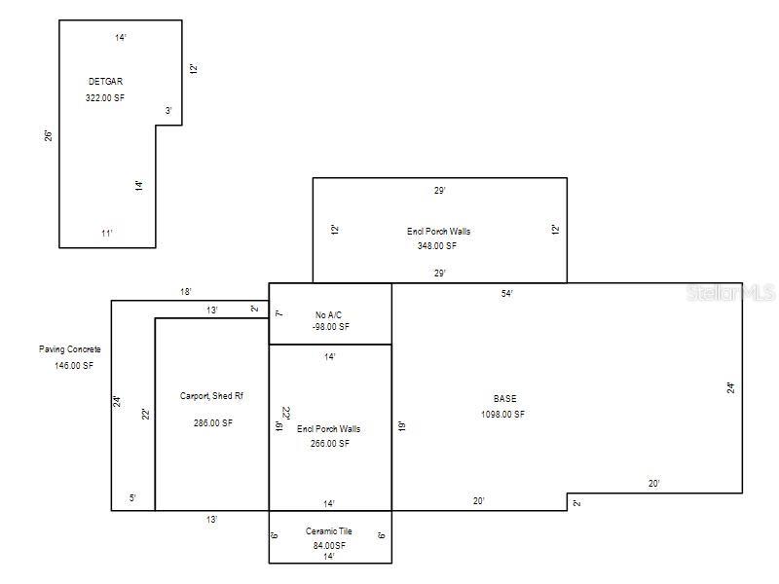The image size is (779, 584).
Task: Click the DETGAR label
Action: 105,82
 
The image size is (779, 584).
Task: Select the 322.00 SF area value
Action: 105,98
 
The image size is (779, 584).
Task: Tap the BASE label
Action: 505,399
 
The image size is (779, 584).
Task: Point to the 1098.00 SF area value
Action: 502,415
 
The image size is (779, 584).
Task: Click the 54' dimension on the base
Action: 507,293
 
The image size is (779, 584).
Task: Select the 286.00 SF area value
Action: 213,423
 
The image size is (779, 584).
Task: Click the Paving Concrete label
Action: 70,349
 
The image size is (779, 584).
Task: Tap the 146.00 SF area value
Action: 74,365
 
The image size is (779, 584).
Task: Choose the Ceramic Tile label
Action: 329,531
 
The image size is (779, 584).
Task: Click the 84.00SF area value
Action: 329,546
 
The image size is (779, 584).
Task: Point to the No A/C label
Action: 329,314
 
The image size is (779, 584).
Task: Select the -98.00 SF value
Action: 329,327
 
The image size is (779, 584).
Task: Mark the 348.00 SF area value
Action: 437,246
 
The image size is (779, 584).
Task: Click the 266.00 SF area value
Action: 329,444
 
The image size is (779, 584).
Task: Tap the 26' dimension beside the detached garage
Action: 48,135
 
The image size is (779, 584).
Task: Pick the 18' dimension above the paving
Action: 185,292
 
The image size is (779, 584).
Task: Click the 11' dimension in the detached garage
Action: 107,234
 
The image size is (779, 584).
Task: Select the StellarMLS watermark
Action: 730,292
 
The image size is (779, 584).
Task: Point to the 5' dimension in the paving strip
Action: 132,498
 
